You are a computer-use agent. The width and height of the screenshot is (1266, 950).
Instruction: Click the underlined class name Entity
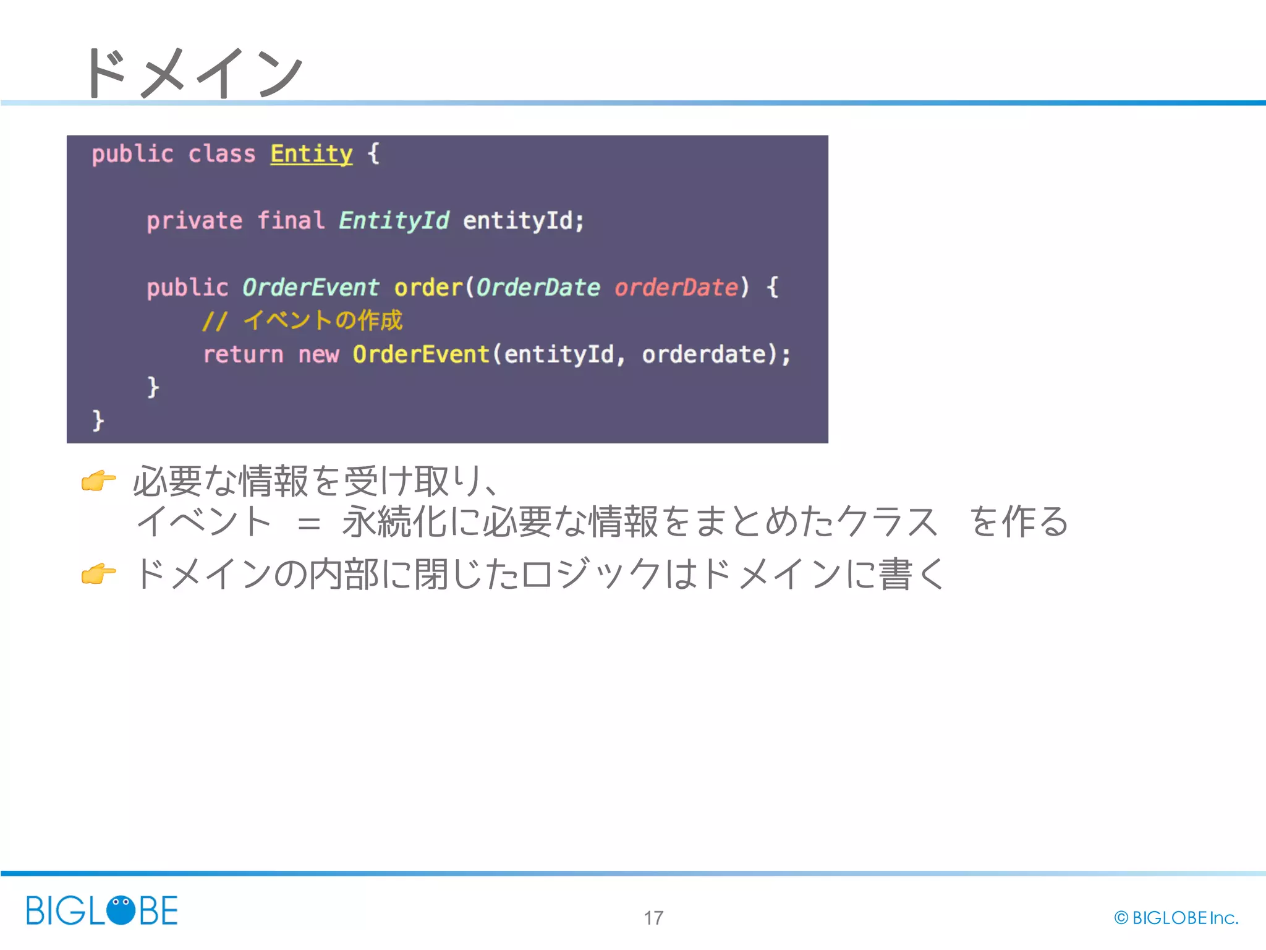click(311, 153)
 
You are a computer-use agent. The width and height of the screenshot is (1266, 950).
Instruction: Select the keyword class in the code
click(221, 153)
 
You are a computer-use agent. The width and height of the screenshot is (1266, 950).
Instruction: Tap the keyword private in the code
click(194, 221)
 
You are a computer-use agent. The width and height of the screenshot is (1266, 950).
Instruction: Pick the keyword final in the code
click(291, 220)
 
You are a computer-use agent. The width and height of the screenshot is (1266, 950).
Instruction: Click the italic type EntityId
click(394, 220)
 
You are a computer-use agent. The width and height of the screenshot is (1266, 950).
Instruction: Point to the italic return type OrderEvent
click(310, 288)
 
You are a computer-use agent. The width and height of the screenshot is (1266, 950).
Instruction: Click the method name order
click(428, 288)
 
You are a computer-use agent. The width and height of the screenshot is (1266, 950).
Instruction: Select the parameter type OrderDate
click(538, 288)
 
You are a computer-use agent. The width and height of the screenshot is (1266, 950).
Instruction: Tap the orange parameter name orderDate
click(676, 288)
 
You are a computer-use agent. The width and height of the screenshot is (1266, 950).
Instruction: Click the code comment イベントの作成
click(323, 320)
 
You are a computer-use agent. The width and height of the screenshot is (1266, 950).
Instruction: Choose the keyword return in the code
click(243, 354)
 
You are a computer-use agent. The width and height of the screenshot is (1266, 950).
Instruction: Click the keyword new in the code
click(318, 354)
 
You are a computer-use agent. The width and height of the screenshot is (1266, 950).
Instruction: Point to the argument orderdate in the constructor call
click(703, 354)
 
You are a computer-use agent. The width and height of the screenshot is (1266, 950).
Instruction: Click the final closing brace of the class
click(98, 421)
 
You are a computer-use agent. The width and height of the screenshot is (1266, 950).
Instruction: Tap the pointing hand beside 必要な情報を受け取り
click(99, 481)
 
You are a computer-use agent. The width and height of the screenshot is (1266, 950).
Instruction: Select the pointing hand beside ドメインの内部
click(99, 574)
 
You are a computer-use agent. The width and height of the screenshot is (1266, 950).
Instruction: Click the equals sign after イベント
click(308, 524)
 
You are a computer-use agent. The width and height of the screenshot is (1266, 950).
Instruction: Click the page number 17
click(653, 918)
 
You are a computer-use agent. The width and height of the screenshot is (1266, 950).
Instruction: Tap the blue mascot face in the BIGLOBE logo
click(121, 910)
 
